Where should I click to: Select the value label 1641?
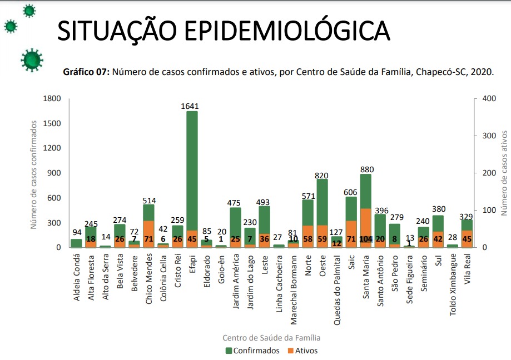click(192, 106)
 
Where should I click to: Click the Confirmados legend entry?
click(252, 351)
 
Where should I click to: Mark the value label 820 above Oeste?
click(322, 175)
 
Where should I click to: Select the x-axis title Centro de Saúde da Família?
click(271, 337)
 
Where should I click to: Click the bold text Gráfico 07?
click(87, 72)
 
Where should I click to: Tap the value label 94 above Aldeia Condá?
click(76, 232)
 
